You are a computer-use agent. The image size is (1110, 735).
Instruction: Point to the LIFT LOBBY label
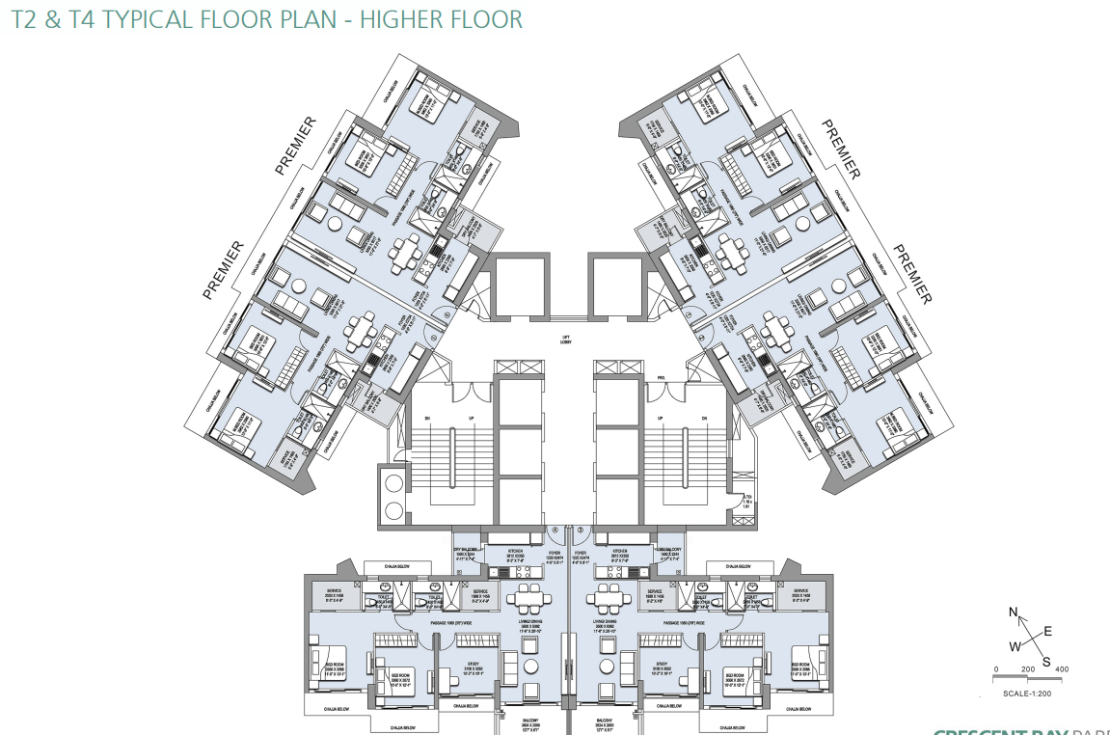tap(567, 340)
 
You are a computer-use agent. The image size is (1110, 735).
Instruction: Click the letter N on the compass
tap(1014, 612)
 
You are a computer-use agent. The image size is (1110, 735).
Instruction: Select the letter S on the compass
tap(1045, 661)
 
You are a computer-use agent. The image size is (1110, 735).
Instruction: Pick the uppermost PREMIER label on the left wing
tap(296, 146)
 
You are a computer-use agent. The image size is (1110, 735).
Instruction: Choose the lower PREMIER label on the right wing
tap(911, 274)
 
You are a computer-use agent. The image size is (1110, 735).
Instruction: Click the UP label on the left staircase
tap(471, 418)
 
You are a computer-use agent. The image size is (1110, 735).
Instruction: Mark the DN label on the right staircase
tap(705, 418)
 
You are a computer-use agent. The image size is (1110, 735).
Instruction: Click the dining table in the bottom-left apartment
tap(528, 603)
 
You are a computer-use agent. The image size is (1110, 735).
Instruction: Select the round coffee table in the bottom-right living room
tap(607, 667)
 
